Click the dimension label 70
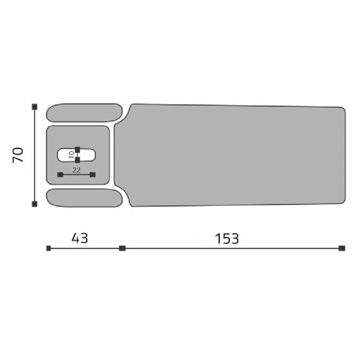tap(18, 155)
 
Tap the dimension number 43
tap(79, 238)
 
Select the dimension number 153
tap(227, 238)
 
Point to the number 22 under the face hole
tap(76, 170)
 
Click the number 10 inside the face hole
tap(71, 154)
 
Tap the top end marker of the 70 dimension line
tap(34, 106)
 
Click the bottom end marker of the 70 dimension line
tap(34, 203)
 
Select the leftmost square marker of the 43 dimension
tap(48, 248)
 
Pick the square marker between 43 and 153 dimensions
tap(122, 248)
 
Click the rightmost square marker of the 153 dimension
tap(342, 248)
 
